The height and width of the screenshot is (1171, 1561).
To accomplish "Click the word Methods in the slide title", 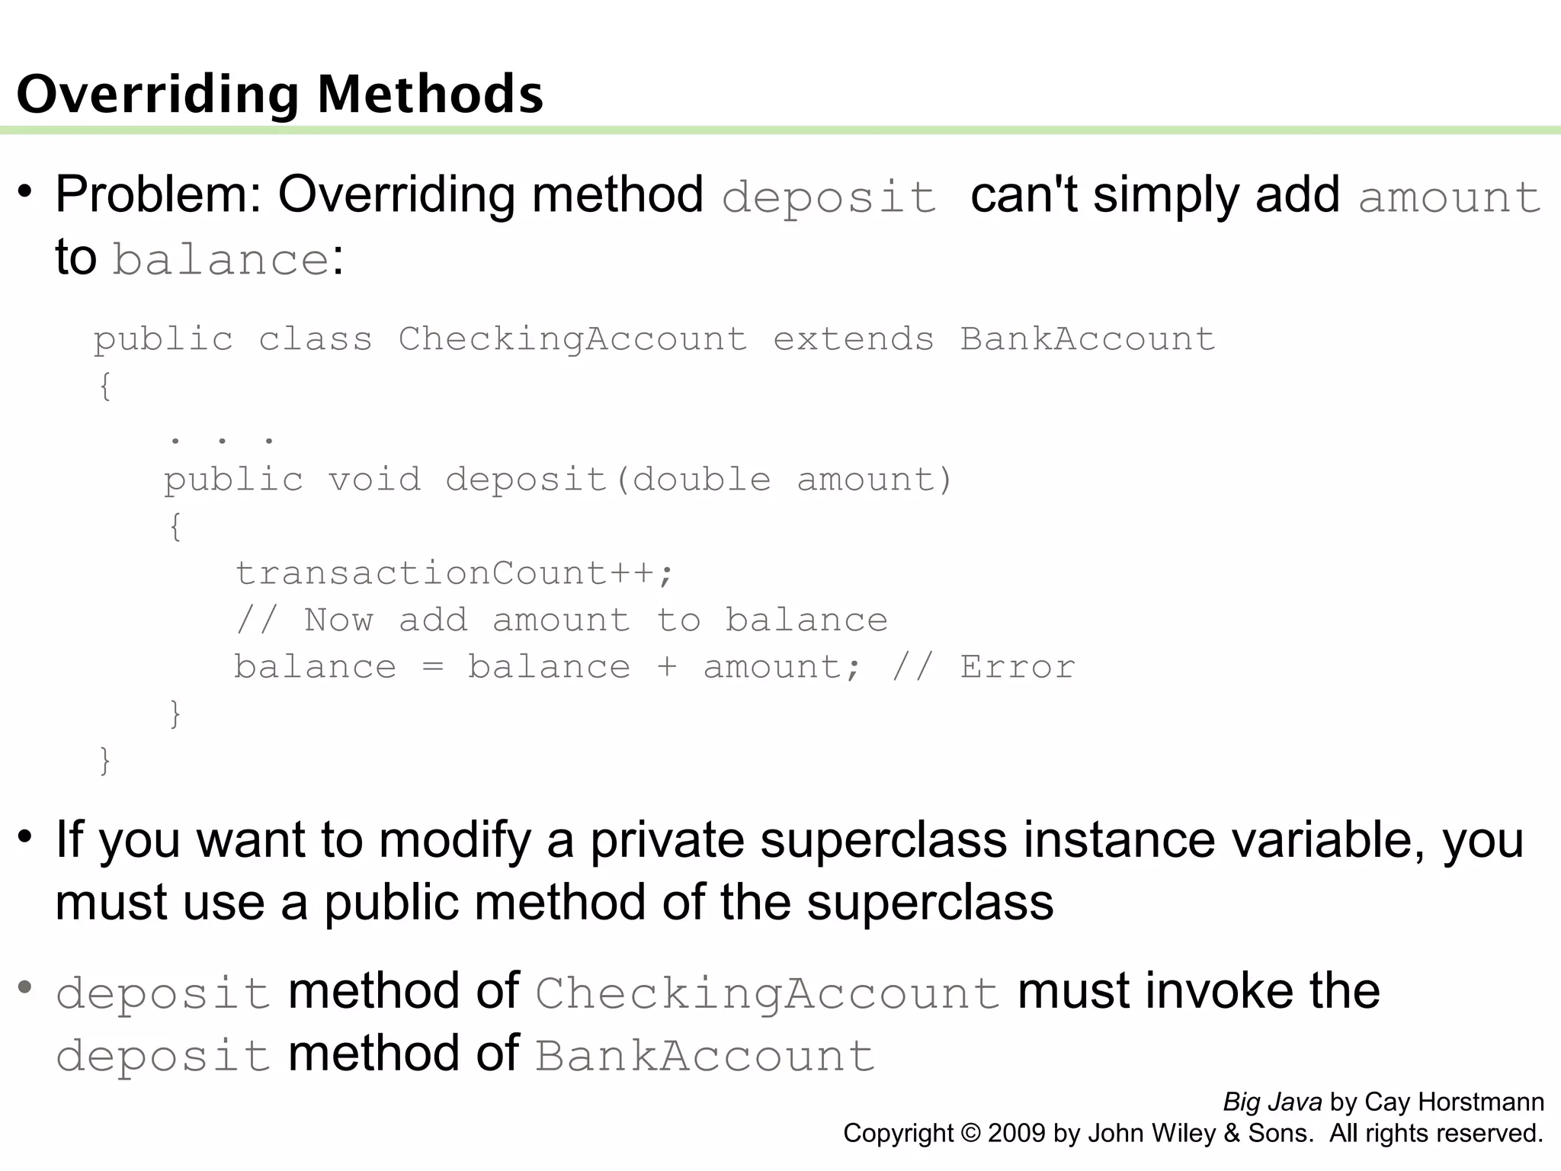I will pos(430,95).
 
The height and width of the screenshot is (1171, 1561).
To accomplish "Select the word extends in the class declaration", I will pos(854,338).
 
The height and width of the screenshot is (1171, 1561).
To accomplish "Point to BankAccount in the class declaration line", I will pos(1087,338).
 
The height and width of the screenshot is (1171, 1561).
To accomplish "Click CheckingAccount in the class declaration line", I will pos(572,338).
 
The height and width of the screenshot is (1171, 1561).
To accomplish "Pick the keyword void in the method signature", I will pos(374,480).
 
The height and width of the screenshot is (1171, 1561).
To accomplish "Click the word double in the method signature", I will pos(702,480).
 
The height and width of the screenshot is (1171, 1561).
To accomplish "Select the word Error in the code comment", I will pos(1018,667).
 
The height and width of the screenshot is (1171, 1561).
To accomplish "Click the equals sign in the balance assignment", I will pos(432,667).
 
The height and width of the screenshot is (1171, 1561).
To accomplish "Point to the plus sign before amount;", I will pos(666,667).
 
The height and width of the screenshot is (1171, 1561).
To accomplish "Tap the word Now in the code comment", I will pos(338,620).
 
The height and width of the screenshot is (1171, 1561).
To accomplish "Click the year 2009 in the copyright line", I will pos(1017,1134).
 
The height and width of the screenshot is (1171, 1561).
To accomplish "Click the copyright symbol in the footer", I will pos(970,1134).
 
